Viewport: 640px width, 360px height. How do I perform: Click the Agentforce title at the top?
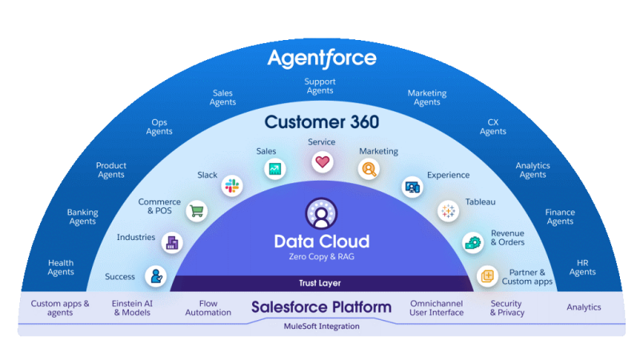[322, 58]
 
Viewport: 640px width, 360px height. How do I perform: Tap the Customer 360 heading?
[322, 122]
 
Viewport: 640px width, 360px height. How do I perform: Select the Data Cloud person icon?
[322, 214]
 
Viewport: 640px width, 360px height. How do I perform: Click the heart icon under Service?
[322, 162]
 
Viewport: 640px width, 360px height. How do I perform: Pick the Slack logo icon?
[234, 185]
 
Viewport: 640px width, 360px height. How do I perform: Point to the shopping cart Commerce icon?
[196, 211]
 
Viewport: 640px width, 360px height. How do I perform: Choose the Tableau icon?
[448, 211]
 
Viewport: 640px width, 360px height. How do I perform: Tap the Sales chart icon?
[275, 169]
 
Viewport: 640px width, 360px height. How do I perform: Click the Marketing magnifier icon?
[369, 169]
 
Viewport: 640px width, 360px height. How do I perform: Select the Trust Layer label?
[322, 283]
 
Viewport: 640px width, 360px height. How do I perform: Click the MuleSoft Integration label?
[322, 326]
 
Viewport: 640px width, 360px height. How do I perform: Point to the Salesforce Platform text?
[322, 307]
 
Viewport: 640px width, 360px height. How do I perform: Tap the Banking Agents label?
[82, 217]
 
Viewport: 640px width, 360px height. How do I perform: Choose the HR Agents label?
[582, 267]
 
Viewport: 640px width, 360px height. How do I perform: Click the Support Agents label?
[320, 86]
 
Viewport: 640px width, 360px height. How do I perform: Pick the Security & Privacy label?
[507, 308]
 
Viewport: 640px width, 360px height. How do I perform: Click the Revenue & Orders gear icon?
[473, 242]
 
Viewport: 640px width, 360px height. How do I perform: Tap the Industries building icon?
[171, 242]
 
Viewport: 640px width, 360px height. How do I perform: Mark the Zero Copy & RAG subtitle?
[322, 257]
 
